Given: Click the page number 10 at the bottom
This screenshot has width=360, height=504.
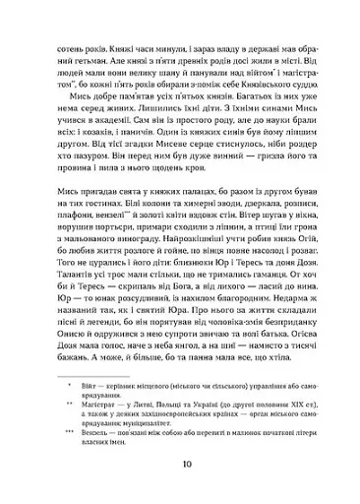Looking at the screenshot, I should click(x=180, y=466).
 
